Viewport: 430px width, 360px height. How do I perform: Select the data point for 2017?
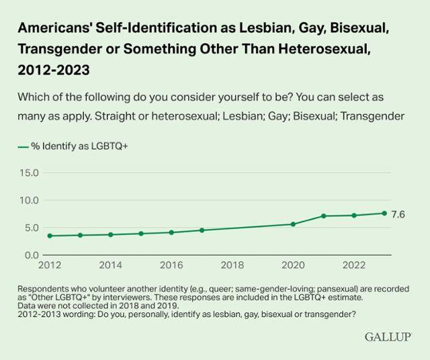click(202, 230)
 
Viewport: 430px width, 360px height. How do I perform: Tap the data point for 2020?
click(293, 224)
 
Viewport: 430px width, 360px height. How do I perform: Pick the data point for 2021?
click(323, 216)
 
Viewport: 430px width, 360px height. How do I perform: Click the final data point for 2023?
click(384, 213)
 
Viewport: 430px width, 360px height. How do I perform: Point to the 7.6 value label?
click(398, 214)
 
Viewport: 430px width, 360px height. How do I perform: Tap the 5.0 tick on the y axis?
click(32, 228)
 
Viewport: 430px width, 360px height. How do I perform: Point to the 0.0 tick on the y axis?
click(32, 255)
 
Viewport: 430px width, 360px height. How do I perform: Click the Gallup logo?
click(388, 335)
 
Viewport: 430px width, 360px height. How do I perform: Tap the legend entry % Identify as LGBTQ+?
click(73, 146)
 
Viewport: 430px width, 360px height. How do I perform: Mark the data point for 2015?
click(141, 234)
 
